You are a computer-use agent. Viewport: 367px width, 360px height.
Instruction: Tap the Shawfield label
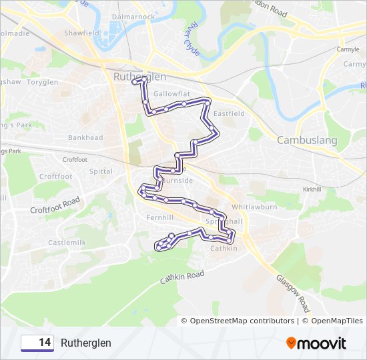click(x=81, y=33)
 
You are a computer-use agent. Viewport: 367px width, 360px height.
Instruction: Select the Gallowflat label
click(x=167, y=94)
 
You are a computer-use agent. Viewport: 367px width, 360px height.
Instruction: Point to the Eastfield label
click(x=229, y=113)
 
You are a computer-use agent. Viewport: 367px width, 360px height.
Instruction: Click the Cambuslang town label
click(x=307, y=141)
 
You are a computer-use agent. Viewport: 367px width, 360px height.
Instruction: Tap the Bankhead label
click(x=85, y=138)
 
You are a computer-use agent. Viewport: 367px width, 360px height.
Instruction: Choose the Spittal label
click(x=101, y=171)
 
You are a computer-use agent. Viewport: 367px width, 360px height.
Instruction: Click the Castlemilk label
click(x=67, y=243)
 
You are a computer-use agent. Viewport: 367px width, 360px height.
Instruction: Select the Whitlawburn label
click(x=254, y=207)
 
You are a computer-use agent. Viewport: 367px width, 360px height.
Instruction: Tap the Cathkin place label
click(x=224, y=249)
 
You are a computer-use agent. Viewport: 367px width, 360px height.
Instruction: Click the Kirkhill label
click(x=312, y=189)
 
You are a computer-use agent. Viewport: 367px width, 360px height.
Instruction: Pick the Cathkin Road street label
click(x=181, y=279)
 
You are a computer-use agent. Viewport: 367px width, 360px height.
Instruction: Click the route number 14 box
click(x=37, y=343)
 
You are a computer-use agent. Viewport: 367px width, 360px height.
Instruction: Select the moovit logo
click(x=316, y=343)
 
